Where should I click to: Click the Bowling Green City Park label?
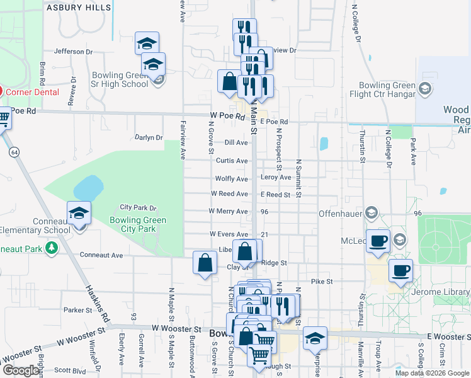tap(138, 224)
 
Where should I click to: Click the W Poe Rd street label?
tap(227, 117)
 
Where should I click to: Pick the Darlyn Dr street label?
tap(149, 137)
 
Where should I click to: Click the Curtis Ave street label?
tap(232, 161)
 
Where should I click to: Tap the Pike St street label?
tap(321, 282)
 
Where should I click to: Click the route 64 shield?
tap(13, 151)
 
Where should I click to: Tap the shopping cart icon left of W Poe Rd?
tap(3, 118)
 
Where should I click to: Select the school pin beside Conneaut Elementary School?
tap(79, 213)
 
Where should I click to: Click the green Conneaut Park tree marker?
tap(52, 249)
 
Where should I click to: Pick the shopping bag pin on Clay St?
tap(205, 263)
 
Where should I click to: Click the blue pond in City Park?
tap(88, 187)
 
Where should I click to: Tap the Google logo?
tap(20, 371)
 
